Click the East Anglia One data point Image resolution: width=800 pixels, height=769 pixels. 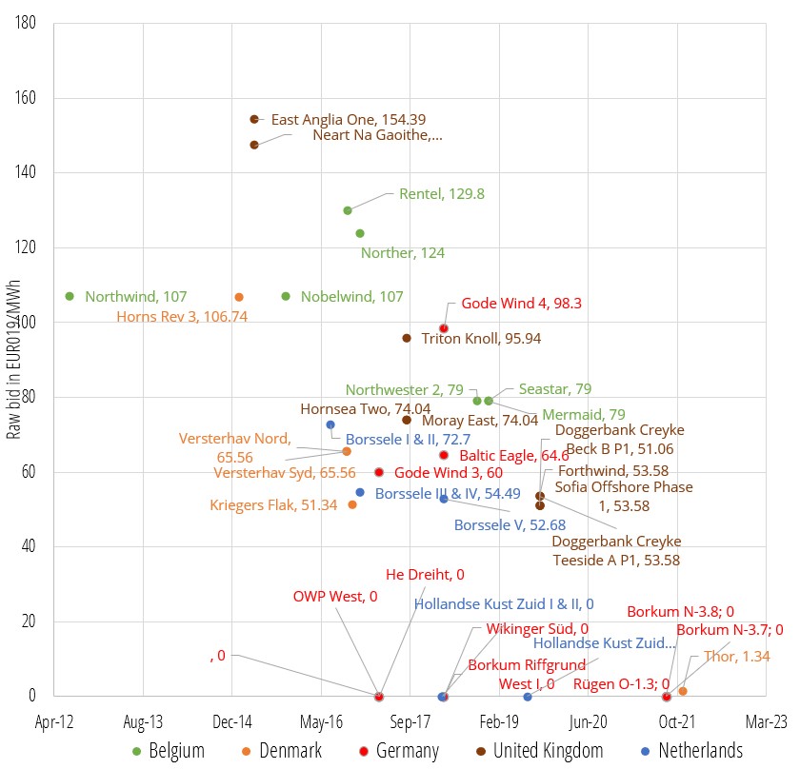(x=254, y=119)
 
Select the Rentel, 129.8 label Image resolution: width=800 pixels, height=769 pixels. (x=441, y=193)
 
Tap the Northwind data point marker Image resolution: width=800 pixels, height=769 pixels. (x=70, y=296)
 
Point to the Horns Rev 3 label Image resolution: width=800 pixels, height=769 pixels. (x=182, y=316)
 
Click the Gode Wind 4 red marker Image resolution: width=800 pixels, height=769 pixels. (x=444, y=328)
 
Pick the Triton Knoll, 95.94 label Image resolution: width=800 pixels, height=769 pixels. (x=481, y=338)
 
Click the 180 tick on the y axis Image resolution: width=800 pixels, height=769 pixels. (x=28, y=23)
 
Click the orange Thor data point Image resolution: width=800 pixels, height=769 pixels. (x=683, y=691)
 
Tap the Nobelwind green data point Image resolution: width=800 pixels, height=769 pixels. (x=286, y=296)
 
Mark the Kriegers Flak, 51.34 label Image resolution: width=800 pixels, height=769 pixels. (x=273, y=505)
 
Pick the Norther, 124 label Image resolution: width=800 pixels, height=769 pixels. (x=402, y=253)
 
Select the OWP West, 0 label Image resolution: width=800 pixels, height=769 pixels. (x=334, y=597)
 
